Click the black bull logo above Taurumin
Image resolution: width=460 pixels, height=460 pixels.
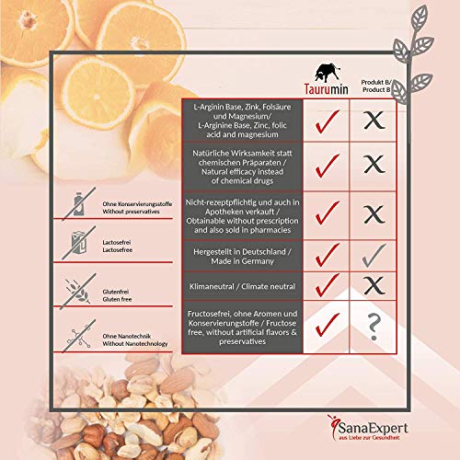click(x=328, y=73)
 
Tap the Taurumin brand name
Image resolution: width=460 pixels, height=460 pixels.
click(x=327, y=89)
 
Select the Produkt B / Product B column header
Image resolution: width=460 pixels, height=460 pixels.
click(x=376, y=86)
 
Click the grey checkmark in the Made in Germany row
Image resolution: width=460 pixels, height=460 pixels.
click(x=374, y=256)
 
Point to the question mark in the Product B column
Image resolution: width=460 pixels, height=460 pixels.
click(x=374, y=327)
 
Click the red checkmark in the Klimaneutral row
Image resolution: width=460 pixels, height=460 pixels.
click(x=328, y=285)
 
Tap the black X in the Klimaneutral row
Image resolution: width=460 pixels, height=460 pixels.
click(x=374, y=285)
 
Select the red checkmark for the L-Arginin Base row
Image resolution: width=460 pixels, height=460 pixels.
click(x=328, y=121)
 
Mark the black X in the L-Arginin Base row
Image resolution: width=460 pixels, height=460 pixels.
click(x=374, y=120)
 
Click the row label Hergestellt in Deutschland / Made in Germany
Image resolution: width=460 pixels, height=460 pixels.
click(x=242, y=257)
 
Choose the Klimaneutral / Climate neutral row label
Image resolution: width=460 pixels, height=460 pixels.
click(x=242, y=286)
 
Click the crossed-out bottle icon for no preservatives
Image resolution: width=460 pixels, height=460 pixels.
click(x=79, y=204)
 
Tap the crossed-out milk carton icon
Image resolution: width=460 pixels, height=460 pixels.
click(x=79, y=243)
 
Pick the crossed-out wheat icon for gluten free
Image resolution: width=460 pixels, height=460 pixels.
click(x=78, y=292)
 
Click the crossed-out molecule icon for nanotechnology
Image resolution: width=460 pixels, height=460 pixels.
click(x=79, y=336)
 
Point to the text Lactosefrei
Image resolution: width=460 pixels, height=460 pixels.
click(x=117, y=242)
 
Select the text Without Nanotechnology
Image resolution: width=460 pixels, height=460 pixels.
click(x=135, y=344)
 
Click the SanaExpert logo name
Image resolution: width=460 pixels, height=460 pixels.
click(x=373, y=428)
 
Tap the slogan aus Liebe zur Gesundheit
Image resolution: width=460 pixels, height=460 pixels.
click(x=369, y=438)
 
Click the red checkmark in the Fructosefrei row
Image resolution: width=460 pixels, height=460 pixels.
click(x=328, y=325)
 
